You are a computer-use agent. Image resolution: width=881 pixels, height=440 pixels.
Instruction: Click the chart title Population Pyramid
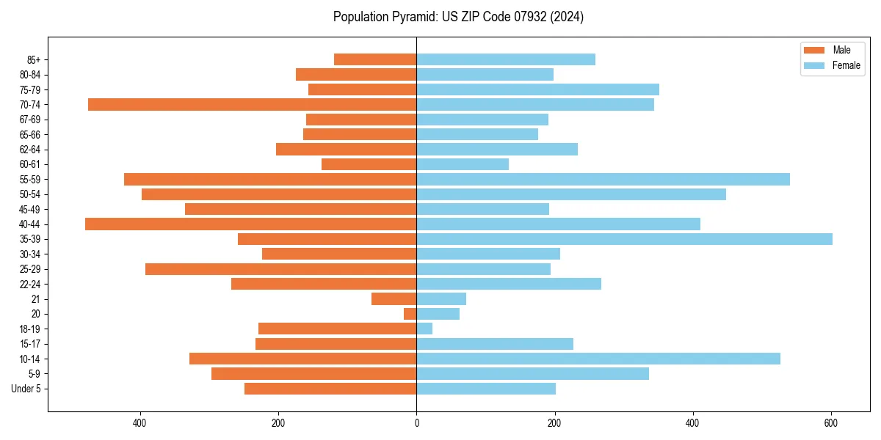[458, 17]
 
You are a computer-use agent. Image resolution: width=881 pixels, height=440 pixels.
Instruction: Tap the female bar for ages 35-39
[624, 239]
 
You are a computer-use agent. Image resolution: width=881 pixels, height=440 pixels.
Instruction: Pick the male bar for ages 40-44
[250, 224]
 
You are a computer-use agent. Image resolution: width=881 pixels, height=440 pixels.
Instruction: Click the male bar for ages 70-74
[252, 105]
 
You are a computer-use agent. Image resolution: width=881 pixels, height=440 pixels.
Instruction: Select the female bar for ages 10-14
[598, 359]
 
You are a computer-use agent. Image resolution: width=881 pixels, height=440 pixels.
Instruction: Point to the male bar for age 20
[410, 314]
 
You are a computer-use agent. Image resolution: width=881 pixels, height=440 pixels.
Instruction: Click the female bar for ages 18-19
[424, 329]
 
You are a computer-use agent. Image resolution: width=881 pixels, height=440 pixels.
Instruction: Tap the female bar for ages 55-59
[603, 180]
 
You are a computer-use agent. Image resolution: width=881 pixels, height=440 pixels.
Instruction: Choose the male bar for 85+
[375, 59]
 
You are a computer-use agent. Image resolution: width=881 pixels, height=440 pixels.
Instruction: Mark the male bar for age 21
[394, 299]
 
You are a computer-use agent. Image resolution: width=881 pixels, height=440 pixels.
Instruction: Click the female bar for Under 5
[486, 389]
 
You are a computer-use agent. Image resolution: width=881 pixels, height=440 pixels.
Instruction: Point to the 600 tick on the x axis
[831, 423]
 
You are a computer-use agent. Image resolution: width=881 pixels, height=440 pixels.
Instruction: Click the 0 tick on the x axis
[416, 423]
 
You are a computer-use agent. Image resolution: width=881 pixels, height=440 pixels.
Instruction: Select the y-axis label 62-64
[30, 150]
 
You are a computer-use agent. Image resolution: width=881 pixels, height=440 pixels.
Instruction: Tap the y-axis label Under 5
[26, 389]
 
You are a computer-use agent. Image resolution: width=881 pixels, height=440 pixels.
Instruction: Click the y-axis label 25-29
[30, 269]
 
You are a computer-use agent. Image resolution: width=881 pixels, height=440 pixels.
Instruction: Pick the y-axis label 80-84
[30, 75]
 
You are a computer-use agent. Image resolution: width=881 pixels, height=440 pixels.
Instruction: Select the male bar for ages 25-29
[280, 269]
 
